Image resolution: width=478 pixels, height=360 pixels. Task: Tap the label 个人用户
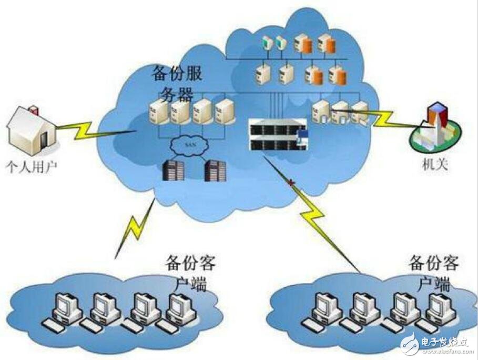pyautogui.click(x=30, y=168)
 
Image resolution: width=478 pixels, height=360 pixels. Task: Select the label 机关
pyautogui.click(x=431, y=165)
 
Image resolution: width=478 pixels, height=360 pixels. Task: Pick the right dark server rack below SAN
pyautogui.click(x=215, y=170)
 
